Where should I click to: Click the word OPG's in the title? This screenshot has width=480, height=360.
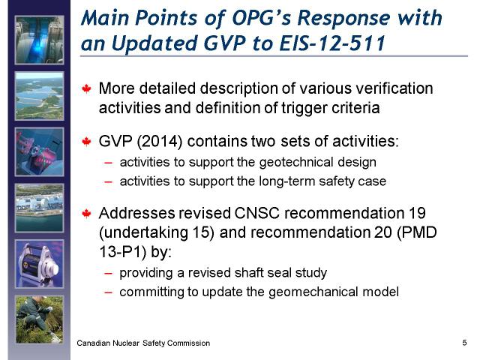[259, 18]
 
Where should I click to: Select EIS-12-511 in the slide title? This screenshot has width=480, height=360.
[332, 43]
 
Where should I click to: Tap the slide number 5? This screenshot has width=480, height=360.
[464, 342]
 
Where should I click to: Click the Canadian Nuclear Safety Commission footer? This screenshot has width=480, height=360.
[143, 343]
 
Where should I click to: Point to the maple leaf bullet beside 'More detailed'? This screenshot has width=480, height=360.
[87, 88]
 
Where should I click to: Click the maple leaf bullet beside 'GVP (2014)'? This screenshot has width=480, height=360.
[87, 142]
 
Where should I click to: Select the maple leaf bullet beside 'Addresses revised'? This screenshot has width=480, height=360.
[87, 213]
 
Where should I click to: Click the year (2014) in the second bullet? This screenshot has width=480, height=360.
[160, 142]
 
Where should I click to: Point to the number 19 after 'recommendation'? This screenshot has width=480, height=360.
[417, 213]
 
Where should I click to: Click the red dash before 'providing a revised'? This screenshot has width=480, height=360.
[108, 273]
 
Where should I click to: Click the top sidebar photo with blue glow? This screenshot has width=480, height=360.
[40, 40]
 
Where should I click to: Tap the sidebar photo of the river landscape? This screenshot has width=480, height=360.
[40, 96]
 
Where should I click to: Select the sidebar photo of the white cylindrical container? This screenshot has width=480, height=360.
[40, 264]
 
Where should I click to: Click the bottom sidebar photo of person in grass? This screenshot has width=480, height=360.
[40, 319]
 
